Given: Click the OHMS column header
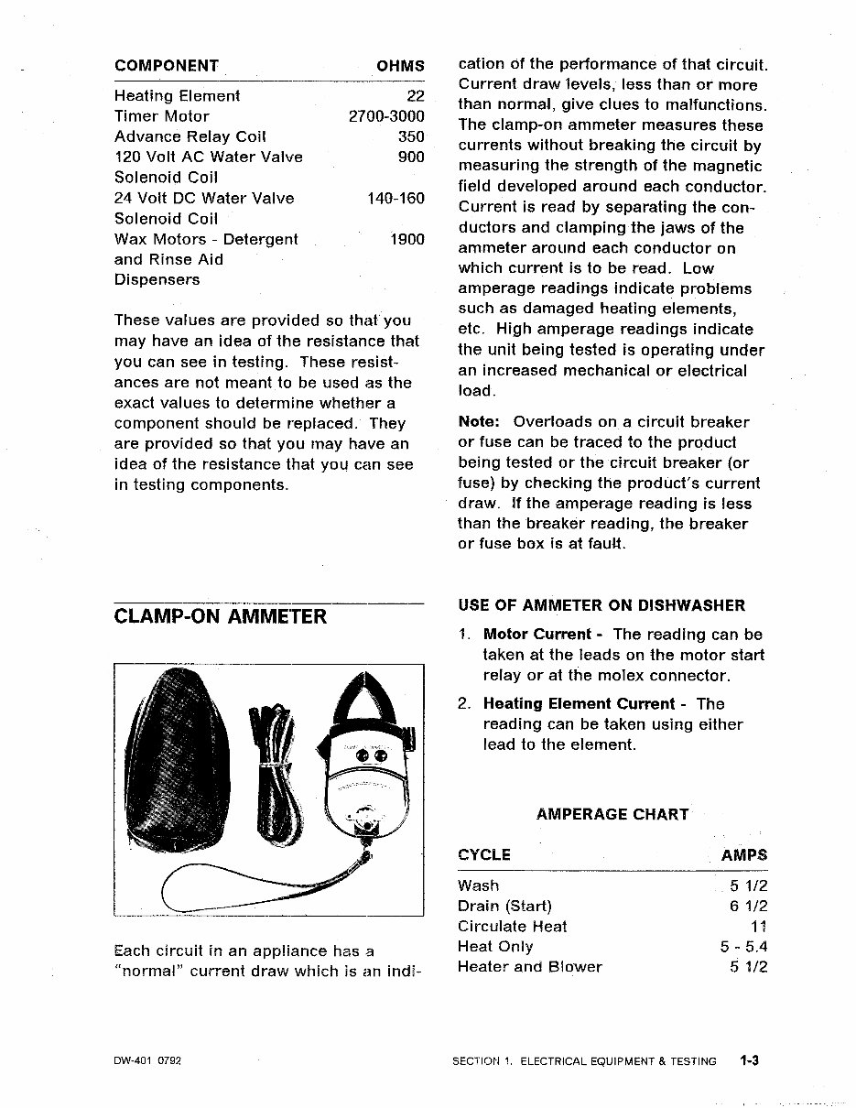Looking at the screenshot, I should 400,66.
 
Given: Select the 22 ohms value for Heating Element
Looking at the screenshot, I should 414,96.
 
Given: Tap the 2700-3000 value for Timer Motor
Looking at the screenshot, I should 386,116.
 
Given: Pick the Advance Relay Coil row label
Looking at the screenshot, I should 190,136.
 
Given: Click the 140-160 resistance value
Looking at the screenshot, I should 395,198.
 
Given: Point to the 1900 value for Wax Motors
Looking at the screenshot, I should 406,239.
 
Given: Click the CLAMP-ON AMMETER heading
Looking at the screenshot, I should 220,616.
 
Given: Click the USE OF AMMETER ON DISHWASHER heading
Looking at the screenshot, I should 601,605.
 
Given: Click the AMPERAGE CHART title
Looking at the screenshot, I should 612,814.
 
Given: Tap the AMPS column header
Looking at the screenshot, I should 743,855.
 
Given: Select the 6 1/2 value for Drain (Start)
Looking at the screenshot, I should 748,907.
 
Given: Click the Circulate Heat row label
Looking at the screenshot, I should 512,927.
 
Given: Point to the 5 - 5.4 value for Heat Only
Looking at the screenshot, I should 743,947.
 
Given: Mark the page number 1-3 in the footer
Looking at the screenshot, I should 751,1061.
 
